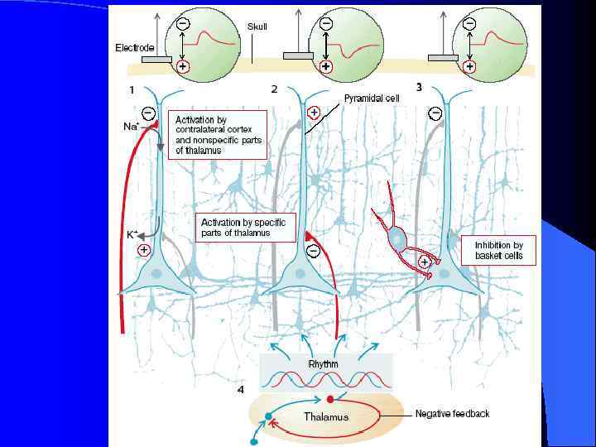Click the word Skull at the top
(257, 26)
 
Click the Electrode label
(134, 48)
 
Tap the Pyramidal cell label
(372, 97)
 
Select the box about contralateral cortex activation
(219, 135)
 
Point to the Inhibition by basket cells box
(498, 250)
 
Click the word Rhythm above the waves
(323, 363)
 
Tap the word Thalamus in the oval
(326, 416)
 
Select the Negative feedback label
(452, 413)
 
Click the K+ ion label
(132, 234)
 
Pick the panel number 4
(240, 390)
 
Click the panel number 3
(419, 86)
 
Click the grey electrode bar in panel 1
(156, 60)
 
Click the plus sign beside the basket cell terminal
(424, 262)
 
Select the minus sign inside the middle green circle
(325, 24)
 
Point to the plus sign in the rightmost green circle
(470, 65)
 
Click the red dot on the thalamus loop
(330, 399)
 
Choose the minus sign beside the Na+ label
(147, 113)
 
